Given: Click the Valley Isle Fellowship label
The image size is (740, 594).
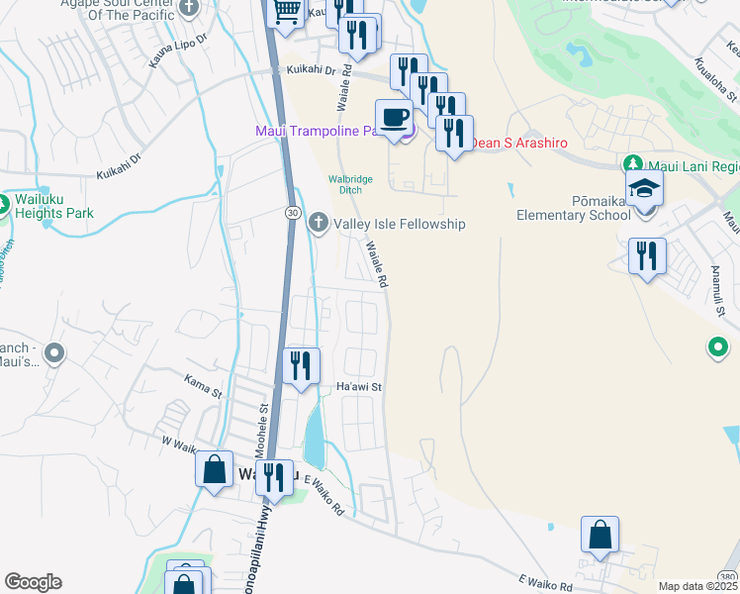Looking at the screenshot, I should click(x=399, y=225).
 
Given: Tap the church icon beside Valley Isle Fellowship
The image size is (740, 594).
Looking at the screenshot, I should click(x=319, y=222).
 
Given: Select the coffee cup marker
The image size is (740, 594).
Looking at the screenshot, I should click(x=394, y=118).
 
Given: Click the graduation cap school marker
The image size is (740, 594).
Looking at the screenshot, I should click(x=643, y=188).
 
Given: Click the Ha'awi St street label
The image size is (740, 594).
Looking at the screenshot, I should click(x=359, y=387).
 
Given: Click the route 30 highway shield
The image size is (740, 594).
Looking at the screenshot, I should click(x=293, y=213).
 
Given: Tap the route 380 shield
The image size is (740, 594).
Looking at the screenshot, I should click(x=727, y=576).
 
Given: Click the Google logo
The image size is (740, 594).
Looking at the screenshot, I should click(x=33, y=582).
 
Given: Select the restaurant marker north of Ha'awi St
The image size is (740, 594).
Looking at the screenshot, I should click(x=300, y=366).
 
